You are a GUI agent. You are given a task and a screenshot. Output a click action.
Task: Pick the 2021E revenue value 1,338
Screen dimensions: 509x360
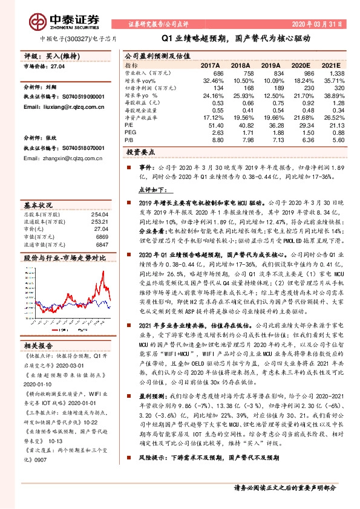point(337,73)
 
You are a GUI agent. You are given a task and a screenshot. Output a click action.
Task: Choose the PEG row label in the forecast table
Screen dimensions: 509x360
point(130,132)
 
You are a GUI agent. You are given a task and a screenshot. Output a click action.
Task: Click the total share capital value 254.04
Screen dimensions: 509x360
point(100,215)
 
